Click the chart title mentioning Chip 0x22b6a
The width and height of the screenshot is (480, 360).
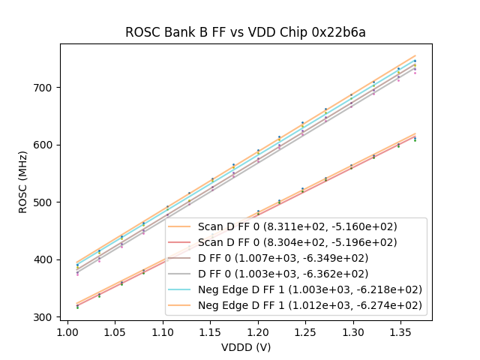(x=245, y=32)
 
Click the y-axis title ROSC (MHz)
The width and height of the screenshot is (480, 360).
(x=24, y=182)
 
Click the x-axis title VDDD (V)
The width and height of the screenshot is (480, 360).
(x=245, y=347)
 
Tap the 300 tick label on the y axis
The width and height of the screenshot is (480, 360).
(x=46, y=317)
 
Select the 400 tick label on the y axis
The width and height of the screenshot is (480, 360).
(x=46, y=260)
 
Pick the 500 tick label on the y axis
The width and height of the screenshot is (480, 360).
(x=46, y=202)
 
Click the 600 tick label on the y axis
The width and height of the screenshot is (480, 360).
(x=46, y=145)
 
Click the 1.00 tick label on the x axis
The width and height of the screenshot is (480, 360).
(x=67, y=331)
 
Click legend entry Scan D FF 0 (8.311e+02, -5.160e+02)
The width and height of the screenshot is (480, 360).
(x=297, y=226)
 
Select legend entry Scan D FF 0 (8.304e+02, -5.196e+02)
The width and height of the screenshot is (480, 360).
(x=297, y=242)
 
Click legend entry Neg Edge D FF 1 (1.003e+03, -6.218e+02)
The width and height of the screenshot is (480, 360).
(x=310, y=289)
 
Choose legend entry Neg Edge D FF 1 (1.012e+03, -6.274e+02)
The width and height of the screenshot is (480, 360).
(x=310, y=305)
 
